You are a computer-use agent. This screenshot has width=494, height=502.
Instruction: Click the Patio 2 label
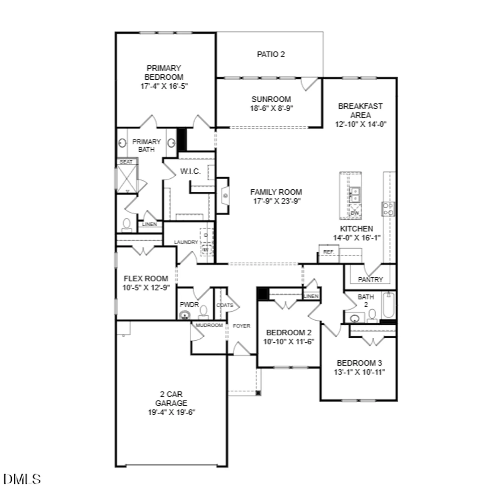click(271, 54)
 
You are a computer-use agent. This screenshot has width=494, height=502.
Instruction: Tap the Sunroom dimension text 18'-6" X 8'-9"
click(271, 108)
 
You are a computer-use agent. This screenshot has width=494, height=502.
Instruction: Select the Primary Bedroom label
click(164, 73)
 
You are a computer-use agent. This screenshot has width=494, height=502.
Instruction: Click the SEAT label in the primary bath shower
click(126, 162)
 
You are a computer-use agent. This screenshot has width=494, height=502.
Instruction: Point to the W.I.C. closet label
click(190, 171)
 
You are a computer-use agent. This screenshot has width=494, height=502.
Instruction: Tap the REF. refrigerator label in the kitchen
click(328, 252)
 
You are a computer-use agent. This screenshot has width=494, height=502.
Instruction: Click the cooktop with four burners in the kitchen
click(388, 209)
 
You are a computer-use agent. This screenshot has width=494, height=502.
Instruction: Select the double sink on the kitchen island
click(355, 195)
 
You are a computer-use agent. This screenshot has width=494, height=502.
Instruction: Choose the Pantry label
click(370, 279)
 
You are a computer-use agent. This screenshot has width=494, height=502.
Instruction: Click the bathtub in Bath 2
click(389, 305)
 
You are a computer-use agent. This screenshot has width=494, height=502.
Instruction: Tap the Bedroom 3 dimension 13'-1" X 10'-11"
click(359, 372)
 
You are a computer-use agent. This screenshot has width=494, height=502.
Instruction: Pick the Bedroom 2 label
click(289, 333)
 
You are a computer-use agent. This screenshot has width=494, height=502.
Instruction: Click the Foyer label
click(241, 326)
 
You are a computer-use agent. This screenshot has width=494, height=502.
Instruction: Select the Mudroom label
click(209, 325)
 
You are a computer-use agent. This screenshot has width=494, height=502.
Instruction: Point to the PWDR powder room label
click(189, 305)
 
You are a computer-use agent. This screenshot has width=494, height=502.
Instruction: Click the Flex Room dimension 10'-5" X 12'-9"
click(146, 288)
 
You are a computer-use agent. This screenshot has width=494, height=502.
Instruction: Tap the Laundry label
click(186, 242)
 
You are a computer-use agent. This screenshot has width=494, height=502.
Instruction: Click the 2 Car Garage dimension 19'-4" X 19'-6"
click(171, 412)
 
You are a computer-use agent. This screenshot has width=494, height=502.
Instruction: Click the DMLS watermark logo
click(22, 479)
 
